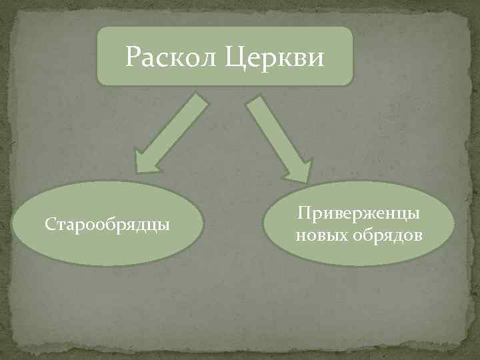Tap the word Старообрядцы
click(x=107, y=224)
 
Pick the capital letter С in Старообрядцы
click(x=49, y=224)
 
